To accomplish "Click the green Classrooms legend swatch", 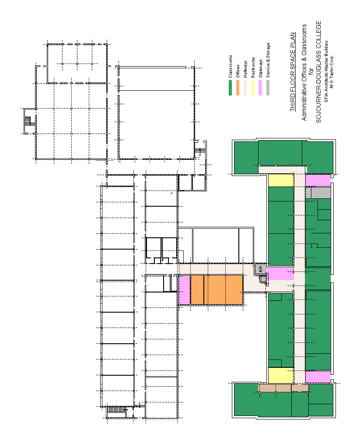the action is click(x=230, y=88).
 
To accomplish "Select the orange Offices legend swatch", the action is click(x=238, y=88).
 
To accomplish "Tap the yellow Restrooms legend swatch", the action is click(x=253, y=88).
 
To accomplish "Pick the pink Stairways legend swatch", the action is click(x=260, y=88).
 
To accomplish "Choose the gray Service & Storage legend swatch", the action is click(x=268, y=88).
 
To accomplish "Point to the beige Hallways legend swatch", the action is click(x=245, y=88).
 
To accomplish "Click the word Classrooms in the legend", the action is click(x=231, y=66).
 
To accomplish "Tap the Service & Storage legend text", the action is click(x=268, y=60).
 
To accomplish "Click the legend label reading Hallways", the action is click(x=245, y=69).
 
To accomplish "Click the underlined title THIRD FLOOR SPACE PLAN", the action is click(x=293, y=72).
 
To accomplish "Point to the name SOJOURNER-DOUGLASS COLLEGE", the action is click(x=318, y=72).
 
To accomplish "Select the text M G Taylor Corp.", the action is click(x=332, y=71).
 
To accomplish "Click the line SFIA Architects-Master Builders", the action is click(x=326, y=71).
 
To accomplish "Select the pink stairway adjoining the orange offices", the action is click(x=185, y=290).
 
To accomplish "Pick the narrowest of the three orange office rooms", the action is click(x=197, y=290).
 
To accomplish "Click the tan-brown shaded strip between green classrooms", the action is click(x=283, y=388).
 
